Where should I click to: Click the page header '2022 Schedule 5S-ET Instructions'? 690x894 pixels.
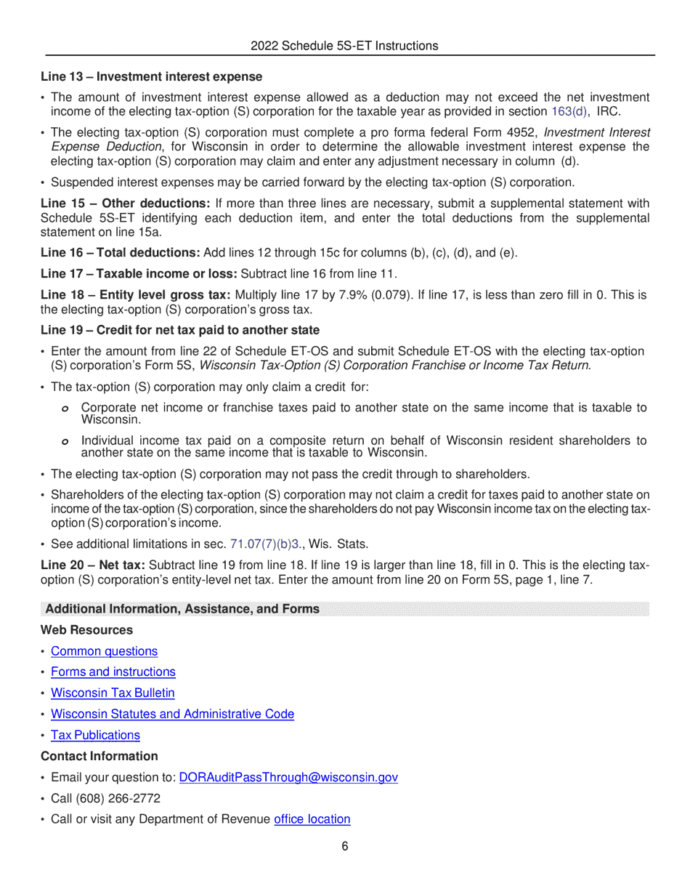coord(344,46)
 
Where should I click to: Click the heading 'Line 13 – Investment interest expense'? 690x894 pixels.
coord(151,76)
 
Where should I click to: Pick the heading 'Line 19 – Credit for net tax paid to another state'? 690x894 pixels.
coord(180,330)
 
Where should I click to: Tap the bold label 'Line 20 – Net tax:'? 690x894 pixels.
coord(93,565)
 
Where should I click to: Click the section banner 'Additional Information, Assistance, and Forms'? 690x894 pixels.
coord(182,608)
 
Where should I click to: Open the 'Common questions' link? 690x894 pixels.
coord(104,651)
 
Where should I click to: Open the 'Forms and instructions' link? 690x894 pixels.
coord(113,672)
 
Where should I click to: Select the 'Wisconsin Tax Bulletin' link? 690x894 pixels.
coord(113,693)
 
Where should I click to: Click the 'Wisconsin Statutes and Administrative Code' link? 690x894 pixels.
coord(172,714)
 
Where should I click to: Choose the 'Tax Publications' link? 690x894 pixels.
coord(95,735)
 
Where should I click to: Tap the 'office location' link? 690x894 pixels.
coord(312,819)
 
